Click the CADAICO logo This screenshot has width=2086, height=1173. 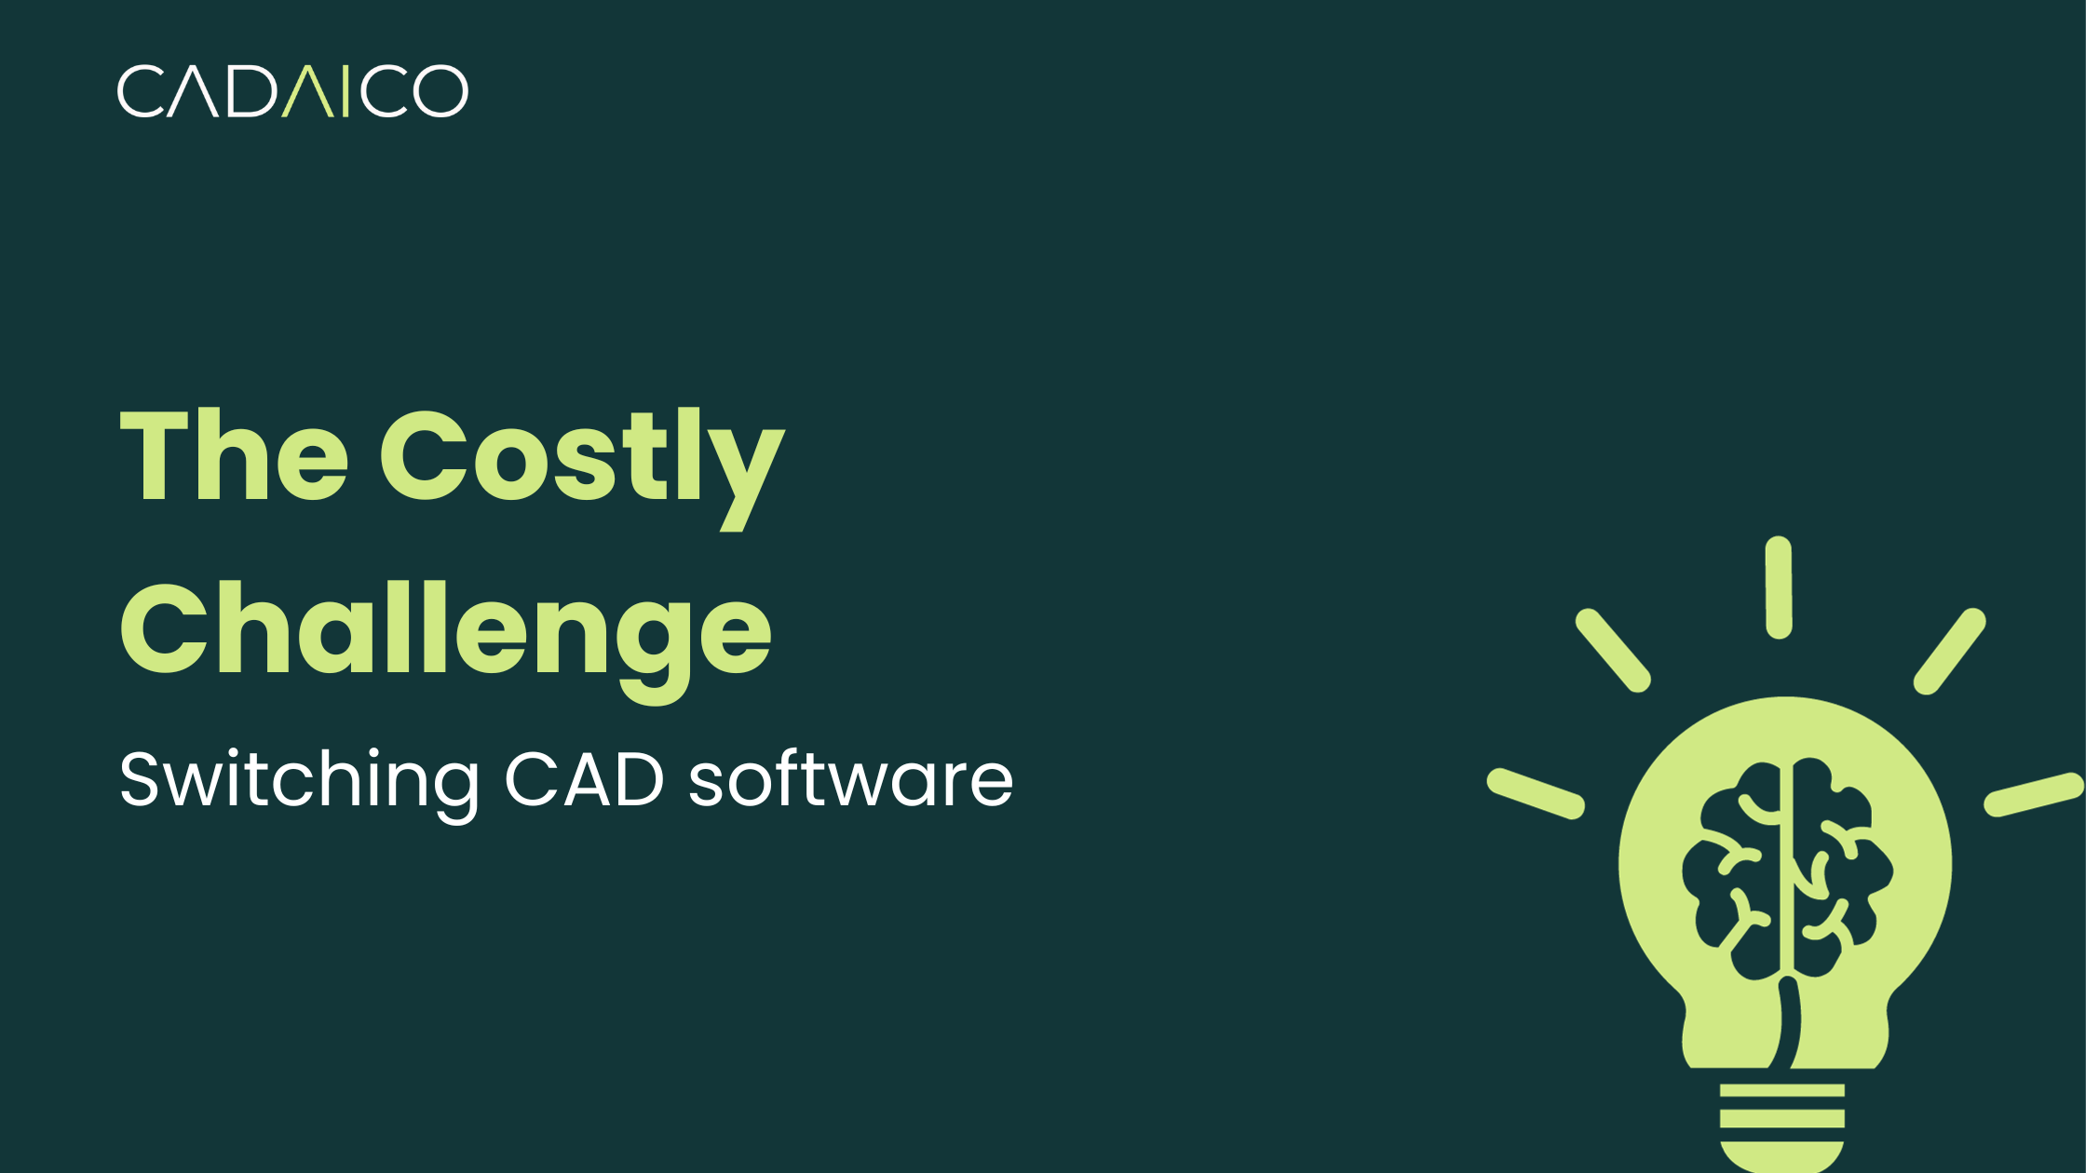pyautogui.click(x=292, y=91)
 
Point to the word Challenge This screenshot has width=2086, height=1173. pyautogui.click(x=445, y=631)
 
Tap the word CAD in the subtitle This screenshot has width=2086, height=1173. pyautogui.click(x=585, y=780)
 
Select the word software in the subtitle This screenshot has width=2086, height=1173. pyautogui.click(x=850, y=780)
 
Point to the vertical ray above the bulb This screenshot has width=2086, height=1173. pyautogui.click(x=1779, y=587)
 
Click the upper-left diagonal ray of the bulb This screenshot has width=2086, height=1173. pyautogui.click(x=1613, y=651)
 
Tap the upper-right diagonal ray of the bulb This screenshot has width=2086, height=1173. pyautogui.click(x=1949, y=652)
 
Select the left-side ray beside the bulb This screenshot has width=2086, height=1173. pyautogui.click(x=1536, y=794)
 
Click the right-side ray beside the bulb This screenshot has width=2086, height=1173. pyautogui.click(x=2034, y=794)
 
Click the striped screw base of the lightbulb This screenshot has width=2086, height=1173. pyautogui.click(x=1781, y=1122)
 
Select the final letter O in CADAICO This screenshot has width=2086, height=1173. pyautogui.click(x=440, y=91)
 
